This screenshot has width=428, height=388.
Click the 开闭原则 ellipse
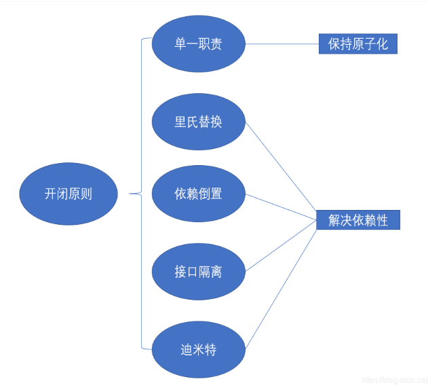coord(69,194)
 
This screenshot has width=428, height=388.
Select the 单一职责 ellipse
coord(198,44)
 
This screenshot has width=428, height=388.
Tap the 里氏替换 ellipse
coord(198,123)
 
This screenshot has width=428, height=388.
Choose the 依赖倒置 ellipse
coord(198,194)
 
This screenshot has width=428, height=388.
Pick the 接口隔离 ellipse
coord(198,272)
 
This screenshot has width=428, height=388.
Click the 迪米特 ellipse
coord(198,350)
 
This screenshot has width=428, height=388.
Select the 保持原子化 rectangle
coord(357,44)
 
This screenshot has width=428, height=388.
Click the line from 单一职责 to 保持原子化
coord(281,44)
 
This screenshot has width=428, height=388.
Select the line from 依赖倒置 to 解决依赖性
coord(281,207)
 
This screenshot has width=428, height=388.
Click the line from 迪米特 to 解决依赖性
coord(281,285)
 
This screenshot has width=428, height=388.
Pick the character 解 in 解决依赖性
coord(334,220)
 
